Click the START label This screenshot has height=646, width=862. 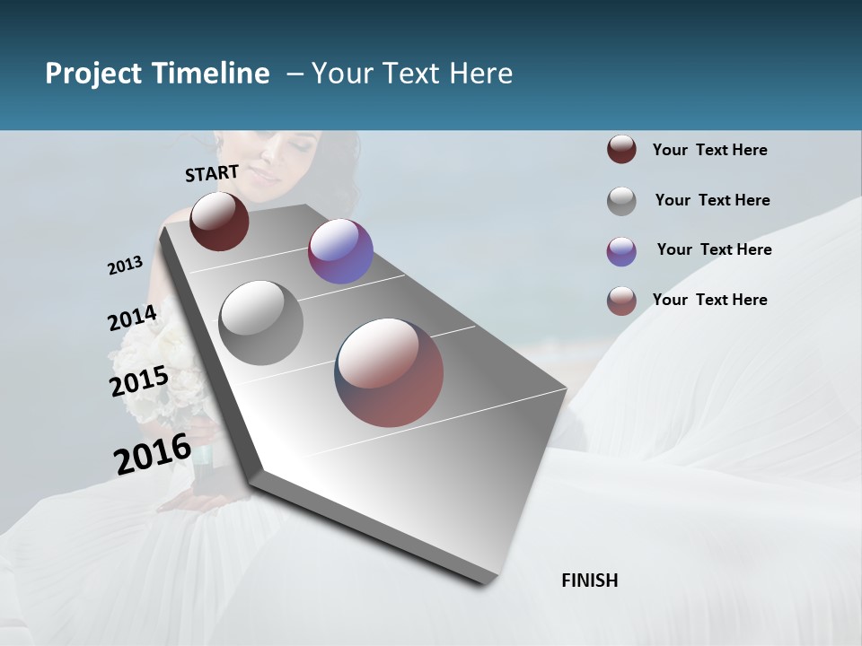[x=212, y=172]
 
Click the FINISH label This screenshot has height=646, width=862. [x=589, y=581]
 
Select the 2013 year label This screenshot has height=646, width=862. [x=125, y=266]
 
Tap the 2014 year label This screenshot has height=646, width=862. [x=132, y=319]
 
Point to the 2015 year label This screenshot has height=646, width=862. [x=139, y=381]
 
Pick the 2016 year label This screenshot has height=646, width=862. [x=153, y=453]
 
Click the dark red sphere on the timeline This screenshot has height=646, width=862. [x=219, y=221]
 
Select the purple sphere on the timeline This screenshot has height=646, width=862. [x=340, y=251]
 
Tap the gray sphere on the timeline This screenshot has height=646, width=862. [x=261, y=322]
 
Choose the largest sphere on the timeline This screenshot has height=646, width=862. [x=390, y=371]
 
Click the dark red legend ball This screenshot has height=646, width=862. [x=621, y=150]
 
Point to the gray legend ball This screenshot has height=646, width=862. [x=621, y=201]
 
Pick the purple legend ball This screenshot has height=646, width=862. [x=621, y=251]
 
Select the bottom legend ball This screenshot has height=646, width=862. [x=621, y=301]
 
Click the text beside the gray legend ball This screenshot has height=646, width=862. [x=712, y=200]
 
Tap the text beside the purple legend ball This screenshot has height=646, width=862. [x=714, y=249]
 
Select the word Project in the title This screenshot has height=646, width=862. [x=93, y=74]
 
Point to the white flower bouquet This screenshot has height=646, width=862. [x=171, y=377]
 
